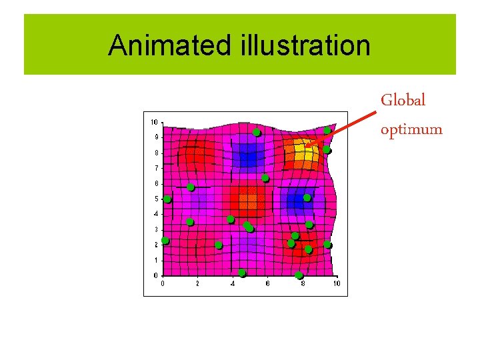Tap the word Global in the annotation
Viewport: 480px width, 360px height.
point(403,101)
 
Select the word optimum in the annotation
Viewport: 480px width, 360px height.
point(411,129)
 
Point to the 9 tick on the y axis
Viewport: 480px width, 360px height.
point(155,137)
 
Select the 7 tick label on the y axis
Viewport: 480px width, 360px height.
point(155,168)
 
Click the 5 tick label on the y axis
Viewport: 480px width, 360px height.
point(155,199)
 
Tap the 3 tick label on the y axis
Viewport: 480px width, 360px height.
point(155,229)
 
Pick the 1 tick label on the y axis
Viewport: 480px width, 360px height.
point(155,260)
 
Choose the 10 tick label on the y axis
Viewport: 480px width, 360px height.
point(154,122)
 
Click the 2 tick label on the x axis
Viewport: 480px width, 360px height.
point(197,283)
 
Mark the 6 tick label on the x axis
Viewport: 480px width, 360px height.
point(267,283)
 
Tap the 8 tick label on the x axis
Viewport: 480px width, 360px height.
point(302,283)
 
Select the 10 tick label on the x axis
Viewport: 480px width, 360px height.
point(337,283)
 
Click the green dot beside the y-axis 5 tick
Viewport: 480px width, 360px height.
point(167,199)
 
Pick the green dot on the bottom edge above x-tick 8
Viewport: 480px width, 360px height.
point(299,275)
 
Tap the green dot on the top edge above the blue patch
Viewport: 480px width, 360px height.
point(257,133)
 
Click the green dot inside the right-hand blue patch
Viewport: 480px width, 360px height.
point(307,198)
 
